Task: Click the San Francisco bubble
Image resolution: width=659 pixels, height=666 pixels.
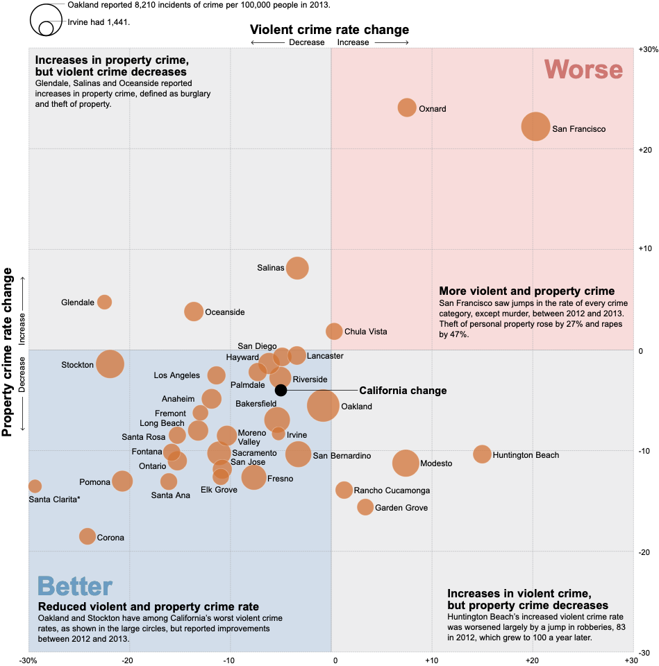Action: point(535,126)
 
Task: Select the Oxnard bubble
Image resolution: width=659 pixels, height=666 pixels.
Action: point(407,108)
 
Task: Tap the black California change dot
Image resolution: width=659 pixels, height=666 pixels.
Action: point(281,390)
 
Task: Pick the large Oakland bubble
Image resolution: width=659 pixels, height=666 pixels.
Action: point(323,406)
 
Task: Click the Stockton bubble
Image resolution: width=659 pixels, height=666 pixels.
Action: point(110,364)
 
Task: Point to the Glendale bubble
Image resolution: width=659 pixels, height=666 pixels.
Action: point(104,302)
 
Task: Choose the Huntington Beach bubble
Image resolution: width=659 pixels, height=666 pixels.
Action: point(482,454)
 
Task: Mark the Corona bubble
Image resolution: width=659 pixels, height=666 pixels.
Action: point(87,536)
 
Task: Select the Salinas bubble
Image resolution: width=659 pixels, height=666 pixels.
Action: point(297,268)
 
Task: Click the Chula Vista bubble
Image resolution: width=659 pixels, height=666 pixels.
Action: point(334,331)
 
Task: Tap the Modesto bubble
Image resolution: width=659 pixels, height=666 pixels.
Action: point(406,463)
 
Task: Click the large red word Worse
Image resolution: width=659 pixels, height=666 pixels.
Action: point(583,70)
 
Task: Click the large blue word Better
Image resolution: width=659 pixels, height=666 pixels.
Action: point(75,587)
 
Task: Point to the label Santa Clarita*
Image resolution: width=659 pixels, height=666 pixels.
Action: point(54,499)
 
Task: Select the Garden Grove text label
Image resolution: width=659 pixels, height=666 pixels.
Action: point(401,508)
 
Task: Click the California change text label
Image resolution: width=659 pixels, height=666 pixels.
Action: point(403,391)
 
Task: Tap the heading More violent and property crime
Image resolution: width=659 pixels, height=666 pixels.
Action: point(526,291)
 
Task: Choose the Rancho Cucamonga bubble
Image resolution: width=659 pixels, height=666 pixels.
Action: point(344,490)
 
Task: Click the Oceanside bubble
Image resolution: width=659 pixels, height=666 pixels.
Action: point(194,311)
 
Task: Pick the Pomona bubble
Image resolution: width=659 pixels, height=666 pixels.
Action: point(122,481)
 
